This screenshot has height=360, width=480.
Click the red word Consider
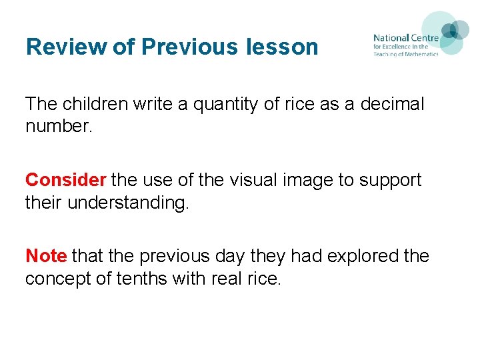point(65,180)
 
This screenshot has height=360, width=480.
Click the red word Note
point(45,256)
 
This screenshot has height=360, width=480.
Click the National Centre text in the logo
point(405,38)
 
